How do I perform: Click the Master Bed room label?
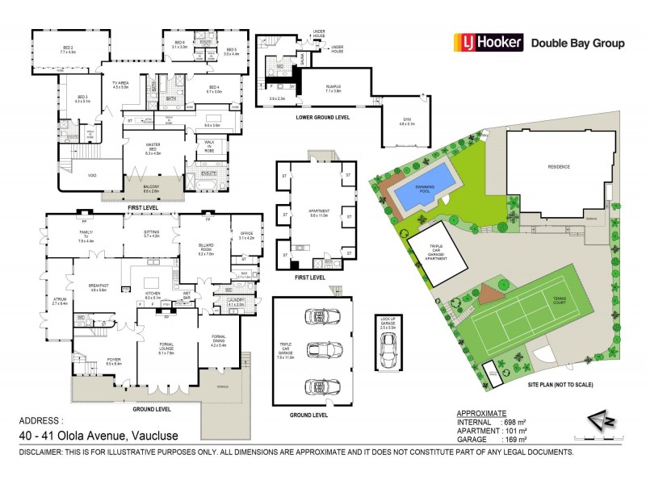tap(153, 147)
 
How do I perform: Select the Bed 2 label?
tap(68, 49)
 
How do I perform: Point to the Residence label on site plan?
tap(560, 166)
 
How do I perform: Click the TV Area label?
tap(120, 84)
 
